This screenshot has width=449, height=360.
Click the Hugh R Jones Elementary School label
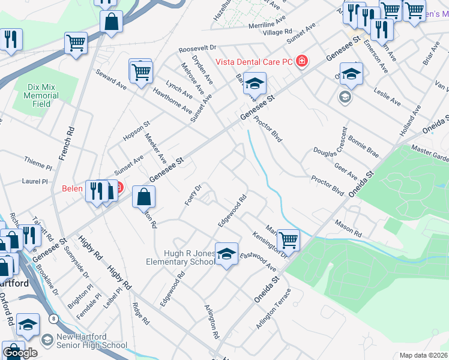pos(181,257)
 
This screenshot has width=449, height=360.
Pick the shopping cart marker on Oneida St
pos(289,241)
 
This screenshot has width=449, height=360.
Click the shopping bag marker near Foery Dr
pos(144,197)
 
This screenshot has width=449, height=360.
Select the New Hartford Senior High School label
pos(91,341)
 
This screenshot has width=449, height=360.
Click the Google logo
pos(20,352)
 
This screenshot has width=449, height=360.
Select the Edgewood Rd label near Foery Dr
pos(233,209)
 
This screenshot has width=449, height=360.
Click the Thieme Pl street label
pos(38,160)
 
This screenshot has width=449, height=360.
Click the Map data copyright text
pos(424,355)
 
